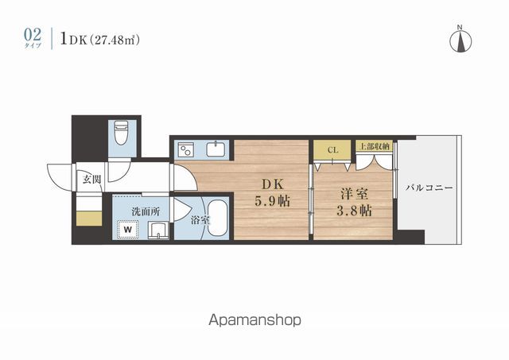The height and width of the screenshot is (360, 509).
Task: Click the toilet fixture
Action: coord(122,133)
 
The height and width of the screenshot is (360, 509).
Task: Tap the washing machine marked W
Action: coord(128,230)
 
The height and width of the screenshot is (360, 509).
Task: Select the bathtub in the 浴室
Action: coord(217,219)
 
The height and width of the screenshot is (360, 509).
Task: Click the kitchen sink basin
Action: coord(215,149)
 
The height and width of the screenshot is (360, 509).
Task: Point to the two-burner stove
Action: coord(186,150)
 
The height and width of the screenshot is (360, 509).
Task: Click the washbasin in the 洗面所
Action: coord(158,231)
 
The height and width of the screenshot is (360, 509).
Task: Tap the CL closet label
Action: coord(332,150)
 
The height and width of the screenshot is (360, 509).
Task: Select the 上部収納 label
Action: coord(375,146)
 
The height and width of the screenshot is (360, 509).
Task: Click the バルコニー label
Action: coord(429,188)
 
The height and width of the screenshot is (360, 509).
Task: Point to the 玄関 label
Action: coord(92,180)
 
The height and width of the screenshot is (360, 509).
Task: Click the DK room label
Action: coord(272,184)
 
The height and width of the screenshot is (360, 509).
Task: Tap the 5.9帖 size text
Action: coord(272,201)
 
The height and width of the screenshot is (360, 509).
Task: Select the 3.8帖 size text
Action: coord(354,211)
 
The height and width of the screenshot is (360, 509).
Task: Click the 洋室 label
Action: coord(354,194)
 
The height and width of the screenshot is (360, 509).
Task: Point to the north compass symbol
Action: coord(460,39)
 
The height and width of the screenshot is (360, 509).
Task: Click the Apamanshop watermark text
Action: coord(254,320)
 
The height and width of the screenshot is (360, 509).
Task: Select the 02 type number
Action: coord(33,34)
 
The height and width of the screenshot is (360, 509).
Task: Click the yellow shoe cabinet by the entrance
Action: coord(89,218)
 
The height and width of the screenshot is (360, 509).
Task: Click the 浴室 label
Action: coord(200,220)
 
